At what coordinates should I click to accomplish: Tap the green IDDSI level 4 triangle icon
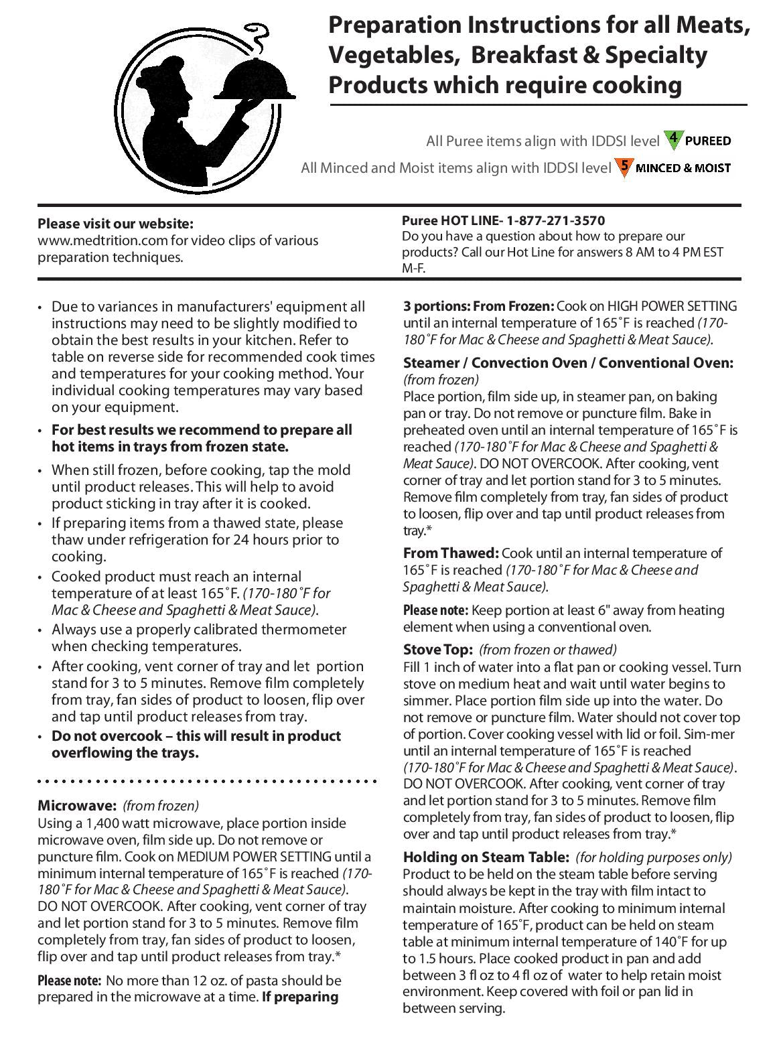673,139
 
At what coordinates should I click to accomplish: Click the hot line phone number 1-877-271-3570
555,220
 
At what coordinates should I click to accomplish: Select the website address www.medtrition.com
112,240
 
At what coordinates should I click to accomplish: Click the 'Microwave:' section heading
77,805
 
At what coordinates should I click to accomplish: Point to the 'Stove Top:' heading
438,650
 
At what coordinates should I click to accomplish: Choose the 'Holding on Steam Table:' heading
486,857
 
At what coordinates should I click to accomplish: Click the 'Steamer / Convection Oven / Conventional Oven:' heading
568,363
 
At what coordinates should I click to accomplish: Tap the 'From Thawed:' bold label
451,553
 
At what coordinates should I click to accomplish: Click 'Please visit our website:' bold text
115,224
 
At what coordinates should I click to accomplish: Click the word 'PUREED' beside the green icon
707,141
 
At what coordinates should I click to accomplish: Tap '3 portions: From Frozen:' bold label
478,306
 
